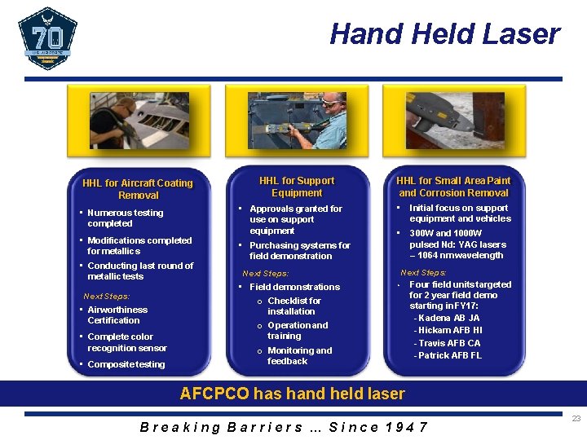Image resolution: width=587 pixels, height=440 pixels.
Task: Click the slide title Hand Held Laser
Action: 444,34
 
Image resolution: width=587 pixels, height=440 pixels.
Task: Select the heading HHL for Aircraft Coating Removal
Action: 138,189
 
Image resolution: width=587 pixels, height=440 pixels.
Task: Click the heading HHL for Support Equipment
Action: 297,187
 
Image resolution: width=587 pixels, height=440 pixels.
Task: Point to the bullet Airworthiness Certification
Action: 117,315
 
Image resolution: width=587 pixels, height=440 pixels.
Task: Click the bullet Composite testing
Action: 126,364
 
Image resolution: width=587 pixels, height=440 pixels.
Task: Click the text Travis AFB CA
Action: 448,343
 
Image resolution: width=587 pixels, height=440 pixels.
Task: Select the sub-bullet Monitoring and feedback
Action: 299,355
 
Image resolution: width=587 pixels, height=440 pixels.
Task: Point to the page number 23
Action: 576,418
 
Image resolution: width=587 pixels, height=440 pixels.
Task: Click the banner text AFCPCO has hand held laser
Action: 292,394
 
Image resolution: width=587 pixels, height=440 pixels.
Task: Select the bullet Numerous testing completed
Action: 125,218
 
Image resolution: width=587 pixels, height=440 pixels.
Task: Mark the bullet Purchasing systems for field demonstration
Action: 299,250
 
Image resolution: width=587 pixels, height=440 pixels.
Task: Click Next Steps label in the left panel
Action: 107,297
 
